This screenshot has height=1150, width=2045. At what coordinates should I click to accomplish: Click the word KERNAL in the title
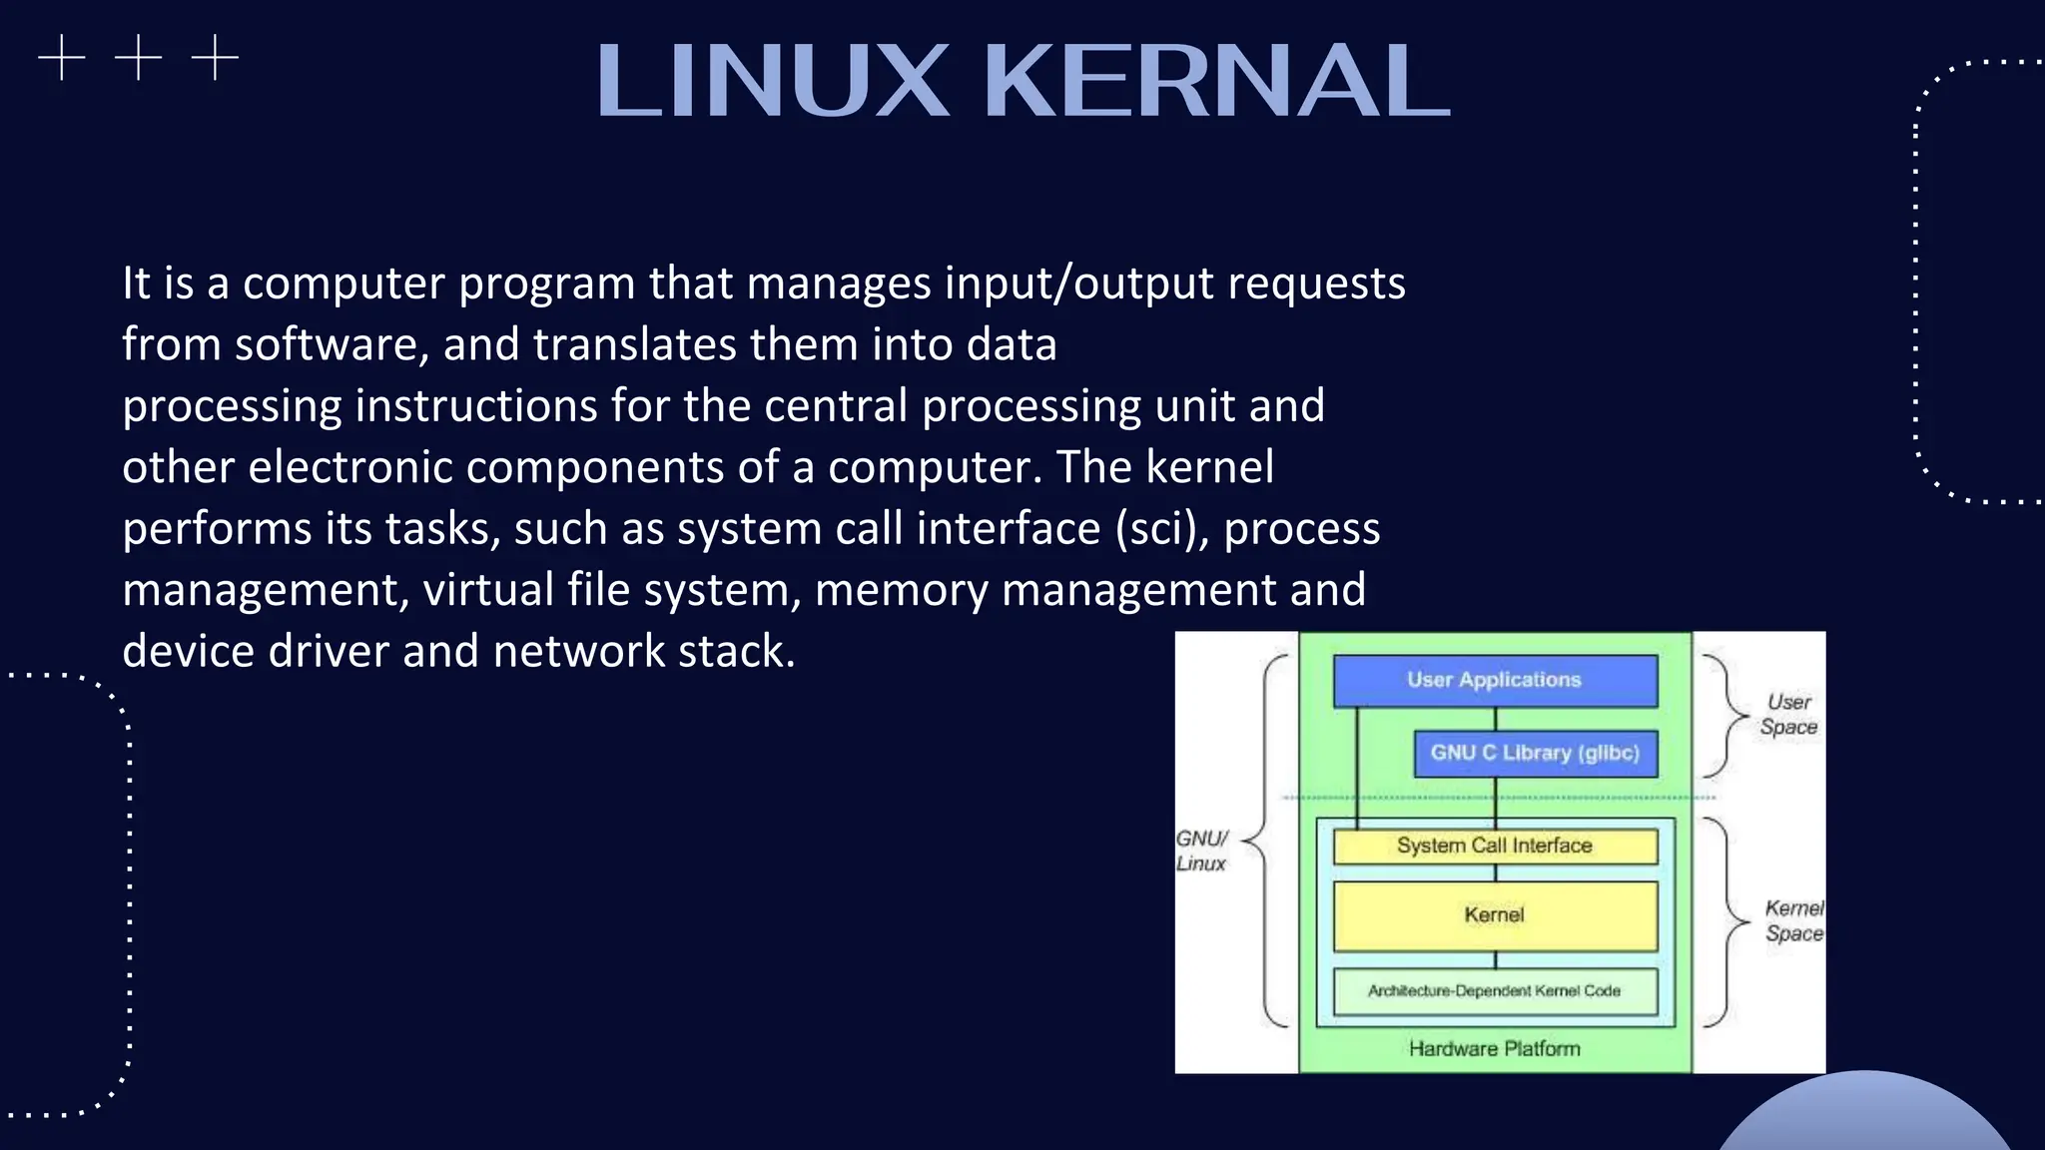(1216, 81)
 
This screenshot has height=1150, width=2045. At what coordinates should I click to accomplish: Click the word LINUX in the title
(772, 81)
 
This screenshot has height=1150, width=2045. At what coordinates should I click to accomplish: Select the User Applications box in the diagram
(1495, 680)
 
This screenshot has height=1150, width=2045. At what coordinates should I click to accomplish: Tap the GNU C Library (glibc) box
(1535, 753)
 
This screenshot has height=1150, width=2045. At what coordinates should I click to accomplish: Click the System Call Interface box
(1495, 846)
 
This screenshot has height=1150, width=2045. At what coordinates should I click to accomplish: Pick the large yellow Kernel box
(1495, 914)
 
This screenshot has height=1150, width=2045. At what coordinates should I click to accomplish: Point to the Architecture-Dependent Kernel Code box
(1495, 991)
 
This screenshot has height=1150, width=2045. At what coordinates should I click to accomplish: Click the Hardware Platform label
(1495, 1048)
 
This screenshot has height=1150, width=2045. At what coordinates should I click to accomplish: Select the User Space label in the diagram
(1788, 715)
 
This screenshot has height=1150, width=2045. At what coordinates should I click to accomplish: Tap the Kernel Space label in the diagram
(1793, 920)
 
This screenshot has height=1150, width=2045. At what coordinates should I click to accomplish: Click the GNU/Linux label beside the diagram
(1201, 851)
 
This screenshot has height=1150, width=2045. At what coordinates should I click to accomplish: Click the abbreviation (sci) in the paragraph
(1161, 529)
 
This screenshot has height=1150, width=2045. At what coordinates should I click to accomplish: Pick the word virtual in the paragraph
(488, 590)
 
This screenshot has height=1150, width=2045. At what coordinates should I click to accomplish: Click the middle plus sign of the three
(139, 58)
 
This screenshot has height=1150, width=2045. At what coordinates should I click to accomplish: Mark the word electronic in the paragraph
(350, 467)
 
